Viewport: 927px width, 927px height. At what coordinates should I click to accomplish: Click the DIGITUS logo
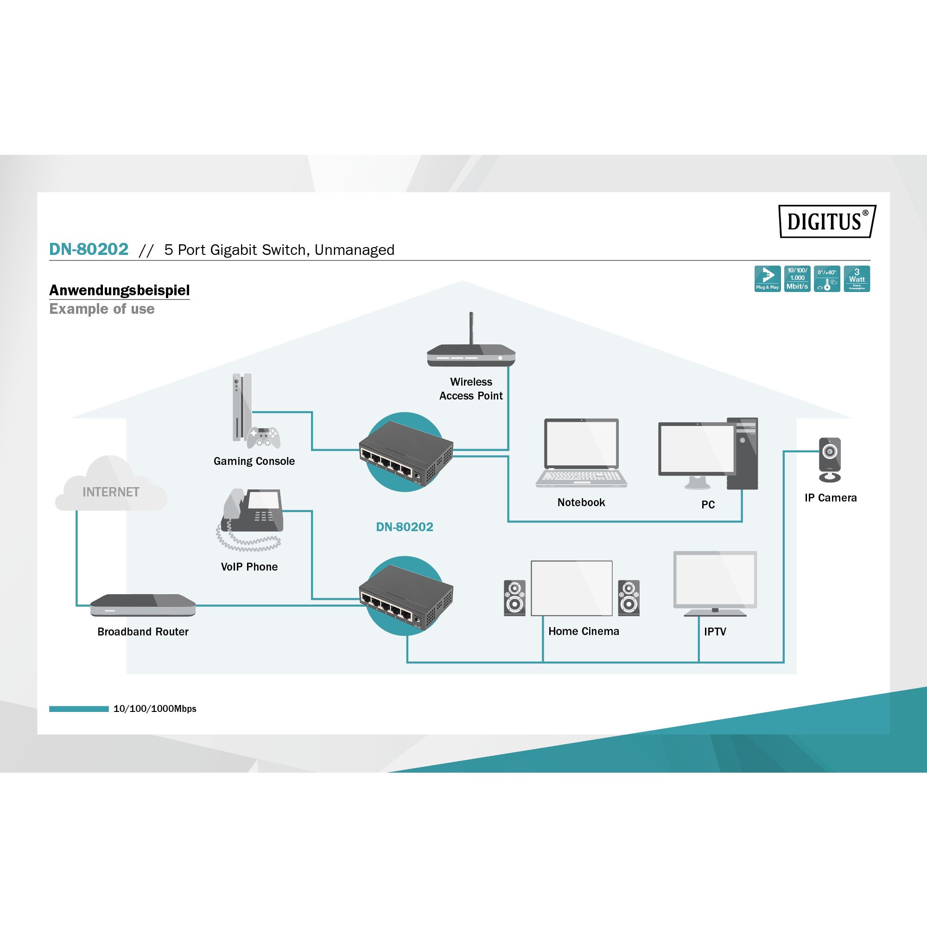pyautogui.click(x=826, y=221)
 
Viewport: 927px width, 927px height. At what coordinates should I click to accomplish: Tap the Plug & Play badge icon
pyautogui.click(x=767, y=278)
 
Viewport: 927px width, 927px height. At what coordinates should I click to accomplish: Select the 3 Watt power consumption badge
pyautogui.click(x=857, y=278)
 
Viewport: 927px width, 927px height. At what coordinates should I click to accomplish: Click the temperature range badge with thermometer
pyautogui.click(x=827, y=278)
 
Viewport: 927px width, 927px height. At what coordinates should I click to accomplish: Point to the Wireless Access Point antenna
pyautogui.click(x=471, y=327)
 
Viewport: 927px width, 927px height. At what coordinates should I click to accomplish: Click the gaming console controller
pyautogui.click(x=263, y=437)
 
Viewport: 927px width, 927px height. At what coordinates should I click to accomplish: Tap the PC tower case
pyautogui.click(x=742, y=453)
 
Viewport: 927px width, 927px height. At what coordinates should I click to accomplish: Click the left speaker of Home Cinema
pyautogui.click(x=514, y=597)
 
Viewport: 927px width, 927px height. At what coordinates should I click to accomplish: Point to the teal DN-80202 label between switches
pyautogui.click(x=405, y=527)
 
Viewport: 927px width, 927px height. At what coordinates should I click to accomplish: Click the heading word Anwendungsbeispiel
pyautogui.click(x=120, y=290)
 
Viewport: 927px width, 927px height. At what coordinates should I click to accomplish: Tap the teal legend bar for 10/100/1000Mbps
pyautogui.click(x=79, y=709)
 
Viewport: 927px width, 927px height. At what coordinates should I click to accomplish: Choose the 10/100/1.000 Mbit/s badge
pyautogui.click(x=797, y=278)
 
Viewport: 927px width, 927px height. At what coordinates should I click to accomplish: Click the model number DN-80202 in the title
pyautogui.click(x=89, y=249)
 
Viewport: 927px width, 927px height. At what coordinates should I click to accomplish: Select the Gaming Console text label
pyautogui.click(x=254, y=461)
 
